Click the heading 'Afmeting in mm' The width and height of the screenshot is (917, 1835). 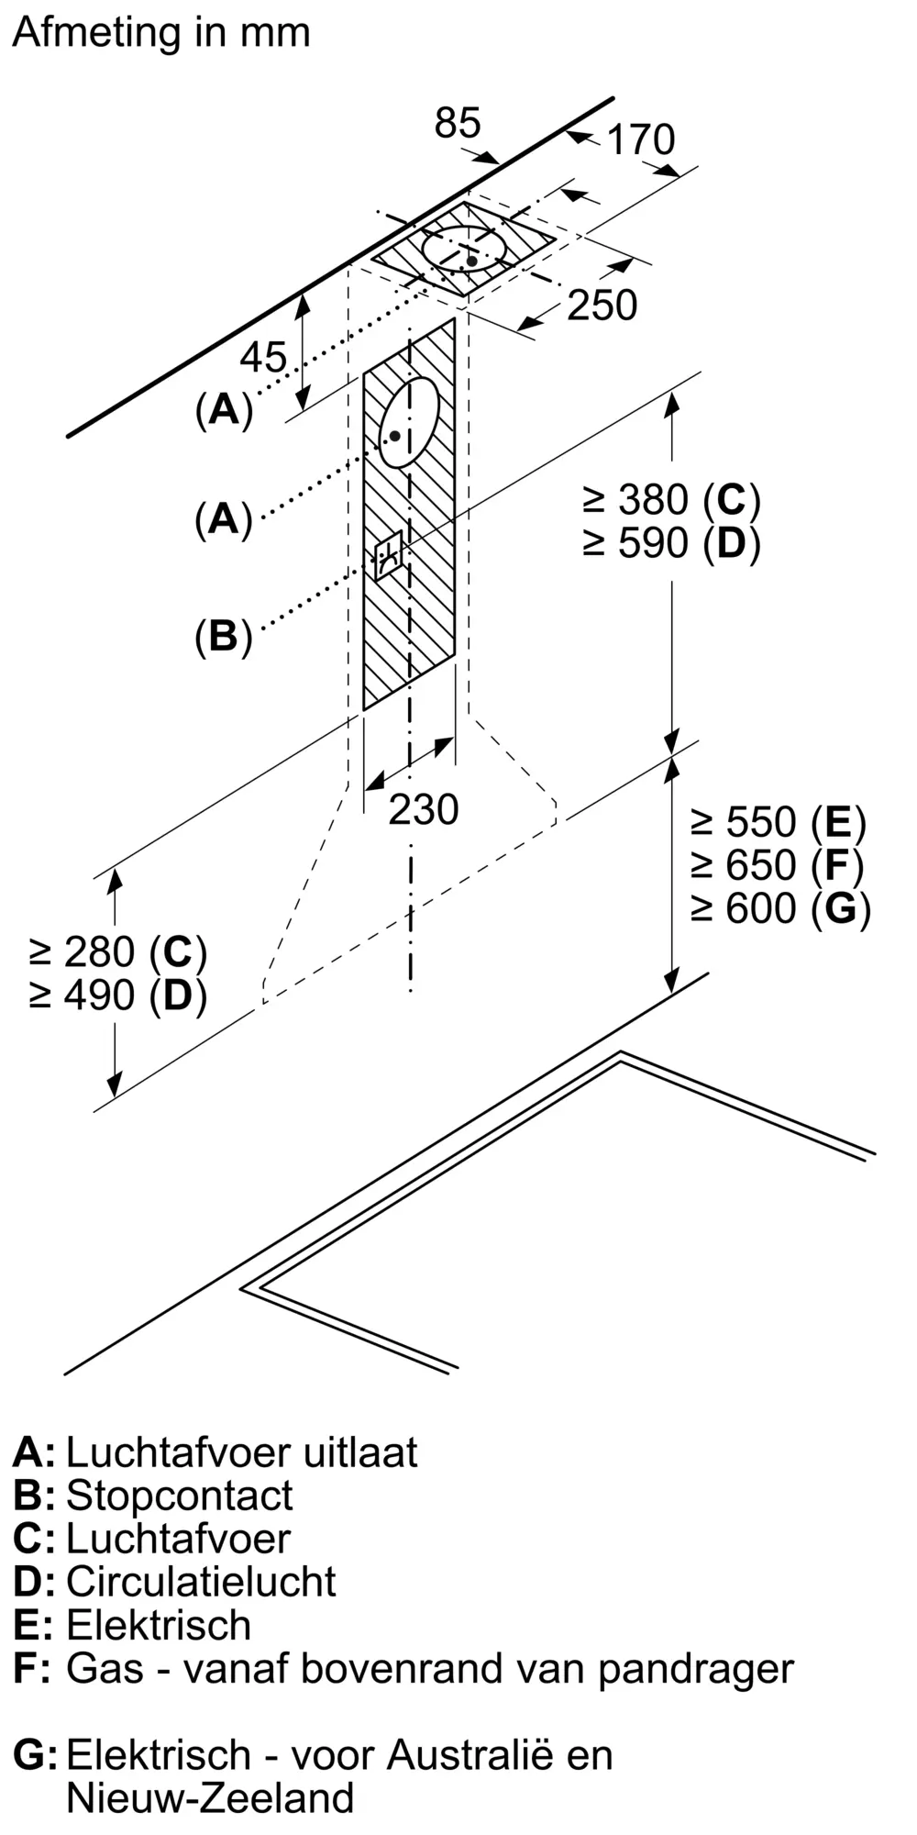click(x=161, y=33)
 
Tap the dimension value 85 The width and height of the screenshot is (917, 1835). click(x=457, y=123)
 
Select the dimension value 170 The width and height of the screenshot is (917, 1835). click(x=641, y=139)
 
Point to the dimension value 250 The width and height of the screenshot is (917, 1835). click(x=602, y=306)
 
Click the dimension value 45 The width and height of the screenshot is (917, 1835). click(x=263, y=358)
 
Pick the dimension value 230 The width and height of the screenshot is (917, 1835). click(x=423, y=809)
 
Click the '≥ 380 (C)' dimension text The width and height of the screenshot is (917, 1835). click(x=671, y=500)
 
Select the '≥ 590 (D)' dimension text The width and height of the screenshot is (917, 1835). click(x=671, y=543)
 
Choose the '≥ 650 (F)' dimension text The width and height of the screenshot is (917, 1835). click(x=778, y=865)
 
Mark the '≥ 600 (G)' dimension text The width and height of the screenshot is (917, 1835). click(x=780, y=908)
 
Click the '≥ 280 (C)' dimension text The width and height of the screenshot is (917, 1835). click(x=118, y=952)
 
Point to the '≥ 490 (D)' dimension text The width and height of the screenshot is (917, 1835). click(x=118, y=995)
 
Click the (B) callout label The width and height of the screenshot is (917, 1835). click(x=223, y=636)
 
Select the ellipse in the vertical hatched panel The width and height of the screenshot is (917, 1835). click(x=409, y=422)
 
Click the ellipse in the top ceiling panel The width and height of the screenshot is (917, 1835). click(x=464, y=250)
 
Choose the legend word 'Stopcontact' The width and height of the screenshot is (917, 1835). click(x=180, y=1495)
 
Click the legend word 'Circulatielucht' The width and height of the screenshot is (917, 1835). click(x=201, y=1581)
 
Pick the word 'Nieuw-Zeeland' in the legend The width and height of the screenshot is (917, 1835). click(x=210, y=1796)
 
